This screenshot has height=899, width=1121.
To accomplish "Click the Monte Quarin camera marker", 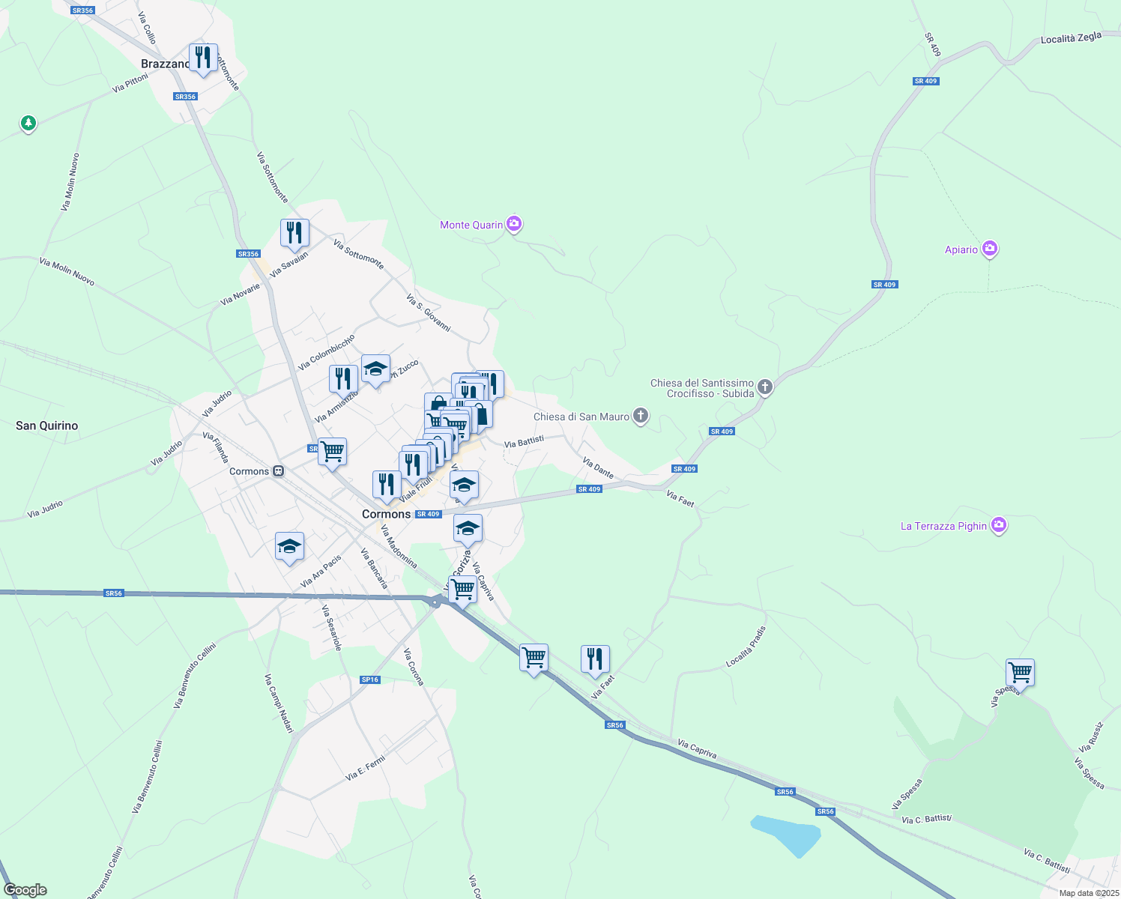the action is point(514,224).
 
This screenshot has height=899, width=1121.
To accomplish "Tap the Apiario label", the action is point(961,249).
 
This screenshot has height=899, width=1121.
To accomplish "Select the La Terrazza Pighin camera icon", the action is point(998,525).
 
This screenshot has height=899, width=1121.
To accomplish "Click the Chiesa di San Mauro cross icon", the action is point(640,416).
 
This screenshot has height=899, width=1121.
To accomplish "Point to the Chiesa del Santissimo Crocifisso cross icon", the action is point(764,387).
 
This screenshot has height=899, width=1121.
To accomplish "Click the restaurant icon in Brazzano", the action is point(203,58).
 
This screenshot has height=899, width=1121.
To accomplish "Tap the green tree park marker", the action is point(28,123).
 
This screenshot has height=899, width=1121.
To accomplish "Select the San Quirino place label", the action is point(47,426).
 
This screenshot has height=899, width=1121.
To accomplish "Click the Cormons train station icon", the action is point(279,471).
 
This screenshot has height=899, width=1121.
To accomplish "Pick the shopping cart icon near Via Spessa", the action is point(1020,671).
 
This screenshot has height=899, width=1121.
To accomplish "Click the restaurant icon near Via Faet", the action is point(595,659).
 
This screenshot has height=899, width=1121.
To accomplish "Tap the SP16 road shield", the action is point(370,679).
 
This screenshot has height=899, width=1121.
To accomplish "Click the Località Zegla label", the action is point(1071,38).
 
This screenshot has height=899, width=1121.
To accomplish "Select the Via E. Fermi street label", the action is point(366,769).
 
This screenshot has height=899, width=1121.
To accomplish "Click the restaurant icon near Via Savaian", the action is point(294,232).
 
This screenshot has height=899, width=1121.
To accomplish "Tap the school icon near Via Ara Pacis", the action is point(289,546).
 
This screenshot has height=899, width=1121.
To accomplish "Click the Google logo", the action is point(25,890).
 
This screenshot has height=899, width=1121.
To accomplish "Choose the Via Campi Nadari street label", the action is point(278,703).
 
